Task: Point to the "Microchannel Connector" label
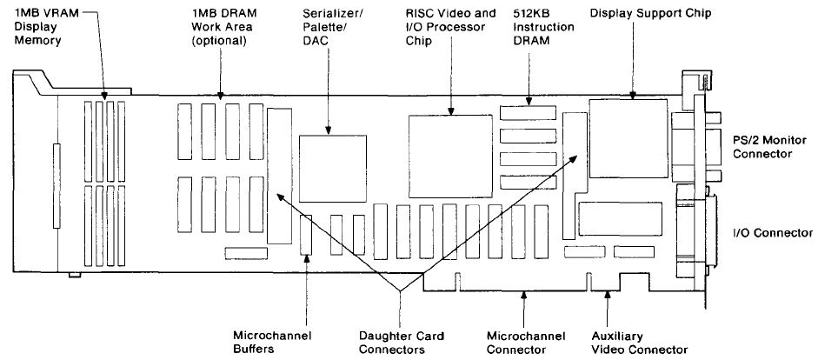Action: pyautogui.click(x=525, y=342)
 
